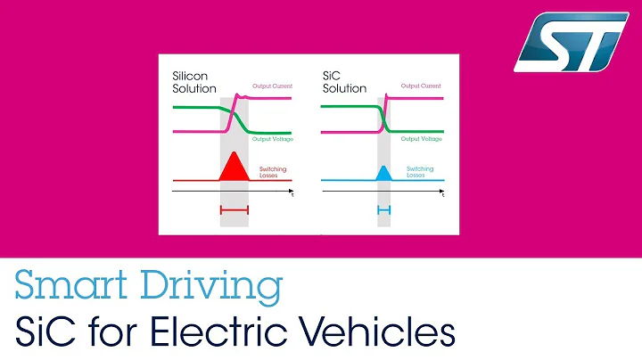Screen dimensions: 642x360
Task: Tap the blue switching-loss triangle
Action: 384,174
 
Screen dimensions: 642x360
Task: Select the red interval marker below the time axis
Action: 234,209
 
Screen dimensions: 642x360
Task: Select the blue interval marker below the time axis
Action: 384,209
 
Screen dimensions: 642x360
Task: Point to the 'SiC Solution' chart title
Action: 343,83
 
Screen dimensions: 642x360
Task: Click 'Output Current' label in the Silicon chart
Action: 272,87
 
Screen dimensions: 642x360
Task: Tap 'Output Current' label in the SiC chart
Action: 422,87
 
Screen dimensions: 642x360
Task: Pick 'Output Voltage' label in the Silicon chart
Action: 272,139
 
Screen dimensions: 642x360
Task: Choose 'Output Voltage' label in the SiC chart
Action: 422,139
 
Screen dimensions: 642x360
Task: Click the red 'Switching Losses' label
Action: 272,172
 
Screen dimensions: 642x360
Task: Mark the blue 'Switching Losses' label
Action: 420,172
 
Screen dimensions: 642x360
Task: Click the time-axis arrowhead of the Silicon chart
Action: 292,192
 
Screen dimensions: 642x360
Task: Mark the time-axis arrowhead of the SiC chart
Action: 442,192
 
